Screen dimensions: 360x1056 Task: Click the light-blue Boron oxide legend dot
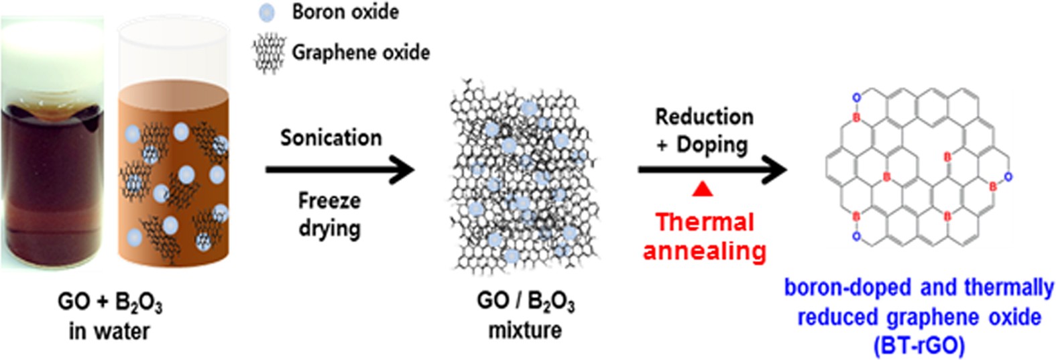click(267, 12)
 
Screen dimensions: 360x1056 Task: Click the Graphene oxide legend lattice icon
click(268, 53)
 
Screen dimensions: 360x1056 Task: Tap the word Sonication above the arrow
click(331, 137)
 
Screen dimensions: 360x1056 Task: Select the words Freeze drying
click(329, 214)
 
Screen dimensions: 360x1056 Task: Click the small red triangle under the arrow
click(702, 190)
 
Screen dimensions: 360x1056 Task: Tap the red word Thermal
click(705, 222)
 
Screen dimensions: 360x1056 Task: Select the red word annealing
click(704, 251)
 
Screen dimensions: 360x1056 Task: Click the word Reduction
click(704, 117)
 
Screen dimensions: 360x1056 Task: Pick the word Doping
click(711, 144)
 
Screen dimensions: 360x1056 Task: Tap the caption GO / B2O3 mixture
click(525, 315)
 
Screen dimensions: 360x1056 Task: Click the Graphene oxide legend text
click(361, 52)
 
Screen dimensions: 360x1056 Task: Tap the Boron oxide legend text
click(345, 12)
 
